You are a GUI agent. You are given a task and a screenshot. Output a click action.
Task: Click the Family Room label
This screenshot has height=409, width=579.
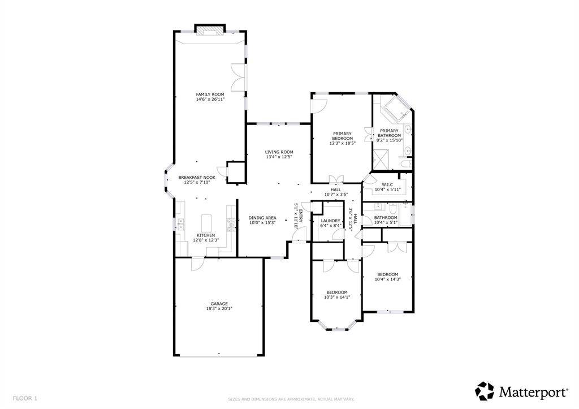210,94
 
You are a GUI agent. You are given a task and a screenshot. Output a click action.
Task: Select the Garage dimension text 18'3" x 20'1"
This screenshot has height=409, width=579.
219,309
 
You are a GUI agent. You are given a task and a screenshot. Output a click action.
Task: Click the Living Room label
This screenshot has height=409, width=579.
279,152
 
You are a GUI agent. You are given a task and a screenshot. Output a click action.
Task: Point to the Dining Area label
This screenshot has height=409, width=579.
262,217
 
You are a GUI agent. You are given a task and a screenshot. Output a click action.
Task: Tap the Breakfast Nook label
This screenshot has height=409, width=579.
197,177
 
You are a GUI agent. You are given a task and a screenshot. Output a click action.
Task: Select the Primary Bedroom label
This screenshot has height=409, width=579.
342,136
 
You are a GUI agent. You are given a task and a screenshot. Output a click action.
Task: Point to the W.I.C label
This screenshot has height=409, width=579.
387,184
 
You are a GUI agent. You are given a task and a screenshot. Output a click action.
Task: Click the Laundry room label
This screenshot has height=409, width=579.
330,221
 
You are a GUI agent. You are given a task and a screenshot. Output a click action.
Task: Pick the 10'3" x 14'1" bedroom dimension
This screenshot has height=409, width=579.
337,297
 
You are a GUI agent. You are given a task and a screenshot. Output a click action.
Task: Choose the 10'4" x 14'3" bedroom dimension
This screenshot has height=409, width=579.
387,279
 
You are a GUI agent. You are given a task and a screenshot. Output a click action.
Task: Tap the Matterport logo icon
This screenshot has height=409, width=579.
485,391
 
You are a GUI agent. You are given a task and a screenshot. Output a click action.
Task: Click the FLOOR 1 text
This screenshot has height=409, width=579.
25,398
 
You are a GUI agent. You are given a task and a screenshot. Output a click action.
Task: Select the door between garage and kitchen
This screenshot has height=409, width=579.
198,263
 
